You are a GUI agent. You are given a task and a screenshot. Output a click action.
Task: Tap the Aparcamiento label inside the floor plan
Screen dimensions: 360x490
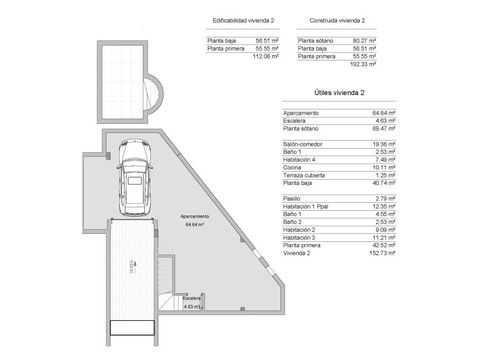[x=195, y=216]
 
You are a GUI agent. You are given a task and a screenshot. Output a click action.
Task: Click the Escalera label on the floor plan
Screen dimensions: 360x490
[x=192, y=298]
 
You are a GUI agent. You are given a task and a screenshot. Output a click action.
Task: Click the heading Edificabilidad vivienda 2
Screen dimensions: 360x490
[x=243, y=20]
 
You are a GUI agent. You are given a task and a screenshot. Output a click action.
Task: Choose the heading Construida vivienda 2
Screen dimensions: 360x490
[x=337, y=20]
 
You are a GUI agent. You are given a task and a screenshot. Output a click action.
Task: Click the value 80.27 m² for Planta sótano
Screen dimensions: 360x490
[x=364, y=41]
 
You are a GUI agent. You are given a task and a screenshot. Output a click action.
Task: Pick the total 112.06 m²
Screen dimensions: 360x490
[x=266, y=56]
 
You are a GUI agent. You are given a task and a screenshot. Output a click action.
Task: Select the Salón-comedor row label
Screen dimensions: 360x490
[x=303, y=144]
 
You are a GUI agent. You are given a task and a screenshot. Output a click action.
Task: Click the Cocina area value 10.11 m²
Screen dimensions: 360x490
[x=383, y=167]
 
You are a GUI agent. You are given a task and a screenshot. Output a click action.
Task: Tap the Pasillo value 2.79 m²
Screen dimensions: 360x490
[x=385, y=199]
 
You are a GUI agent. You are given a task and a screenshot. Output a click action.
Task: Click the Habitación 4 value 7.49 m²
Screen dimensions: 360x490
[x=385, y=160]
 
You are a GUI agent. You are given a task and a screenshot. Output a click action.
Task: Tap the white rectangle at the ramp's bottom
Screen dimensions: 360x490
[x=132, y=328]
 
